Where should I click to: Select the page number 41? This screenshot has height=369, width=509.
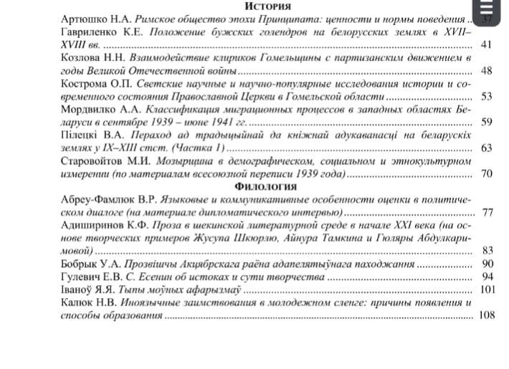pyautogui.click(x=486, y=45)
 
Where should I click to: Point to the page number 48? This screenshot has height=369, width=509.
pyautogui.click(x=486, y=71)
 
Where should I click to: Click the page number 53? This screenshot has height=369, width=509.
pyautogui.click(x=486, y=97)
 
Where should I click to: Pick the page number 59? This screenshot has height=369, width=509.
pyautogui.click(x=486, y=123)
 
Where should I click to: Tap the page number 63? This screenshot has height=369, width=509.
pyautogui.click(x=486, y=148)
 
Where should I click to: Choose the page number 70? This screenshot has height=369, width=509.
pyautogui.click(x=486, y=174)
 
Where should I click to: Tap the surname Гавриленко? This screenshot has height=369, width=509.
pyautogui.click(x=92, y=33)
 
